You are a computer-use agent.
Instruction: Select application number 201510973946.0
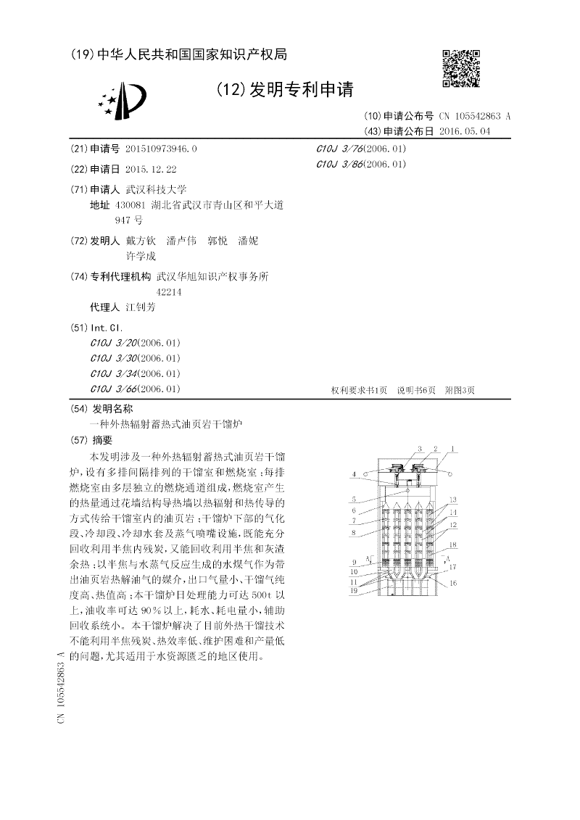(161, 149)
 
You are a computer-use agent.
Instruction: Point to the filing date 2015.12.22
(151, 169)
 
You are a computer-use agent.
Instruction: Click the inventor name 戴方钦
(140, 240)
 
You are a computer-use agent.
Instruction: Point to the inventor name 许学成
(140, 256)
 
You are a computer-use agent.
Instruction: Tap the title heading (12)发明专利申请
(284, 89)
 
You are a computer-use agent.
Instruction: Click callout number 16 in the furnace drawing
(453, 583)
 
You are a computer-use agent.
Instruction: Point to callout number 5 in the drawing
(354, 499)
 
